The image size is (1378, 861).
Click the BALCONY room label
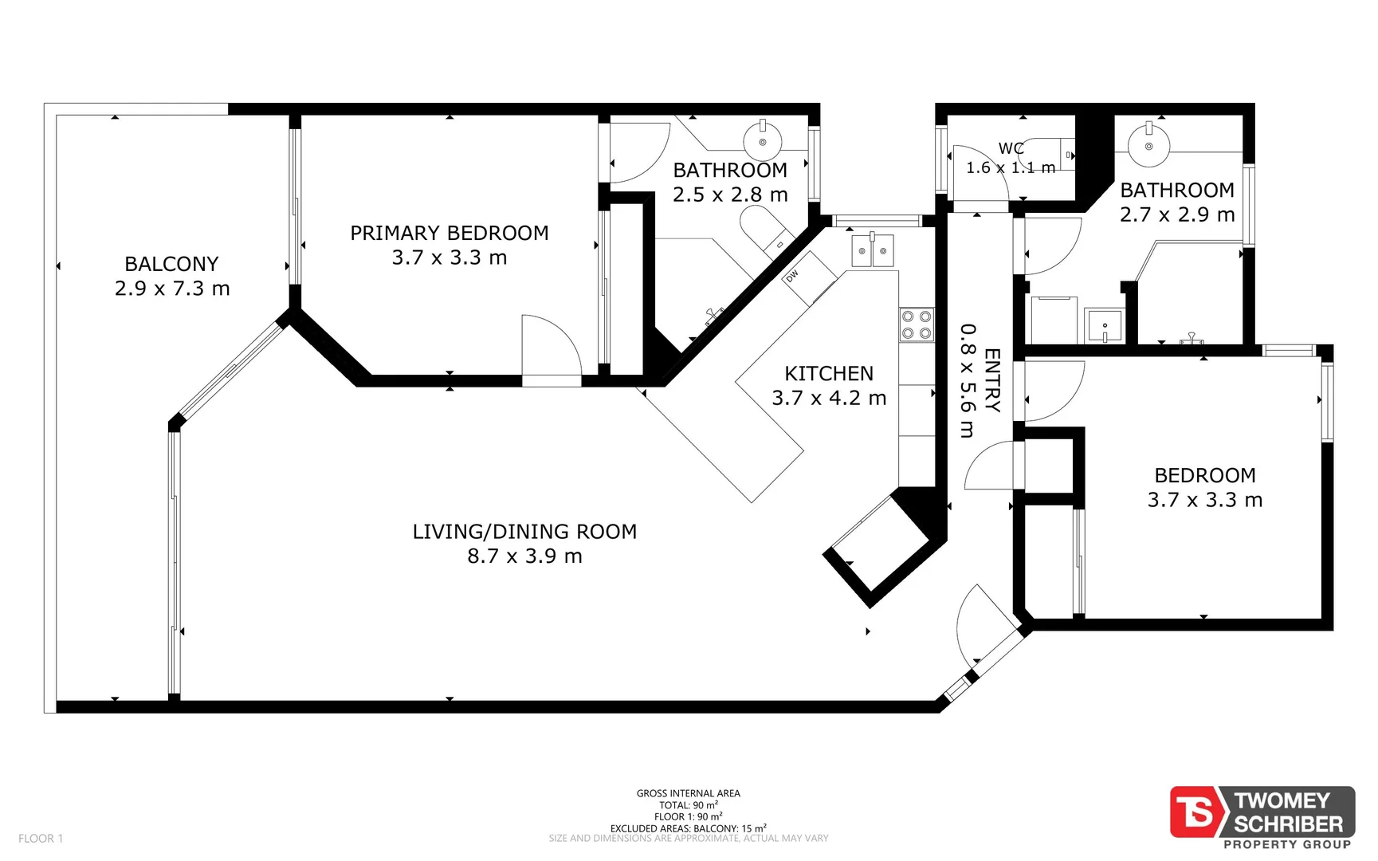click(171, 264)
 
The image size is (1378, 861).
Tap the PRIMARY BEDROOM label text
click(450, 233)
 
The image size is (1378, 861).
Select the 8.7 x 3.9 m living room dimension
click(524, 556)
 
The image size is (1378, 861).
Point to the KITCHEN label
click(829, 373)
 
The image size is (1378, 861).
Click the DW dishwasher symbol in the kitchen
click(809, 278)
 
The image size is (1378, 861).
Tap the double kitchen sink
click(873, 250)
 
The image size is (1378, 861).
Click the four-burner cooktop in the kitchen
click(917, 324)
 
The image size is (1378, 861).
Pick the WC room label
click(1011, 148)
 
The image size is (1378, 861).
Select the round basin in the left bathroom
click(763, 141)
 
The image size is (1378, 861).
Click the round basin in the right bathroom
click(1148, 145)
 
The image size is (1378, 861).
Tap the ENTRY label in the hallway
click(992, 379)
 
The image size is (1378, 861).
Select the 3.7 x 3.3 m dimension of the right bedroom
click(1205, 500)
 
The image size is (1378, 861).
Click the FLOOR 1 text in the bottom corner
click(41, 838)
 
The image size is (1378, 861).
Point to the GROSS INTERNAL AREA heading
click(689, 793)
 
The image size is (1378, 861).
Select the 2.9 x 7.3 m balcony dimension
click(172, 289)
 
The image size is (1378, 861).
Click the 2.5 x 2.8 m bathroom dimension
click(730, 195)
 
